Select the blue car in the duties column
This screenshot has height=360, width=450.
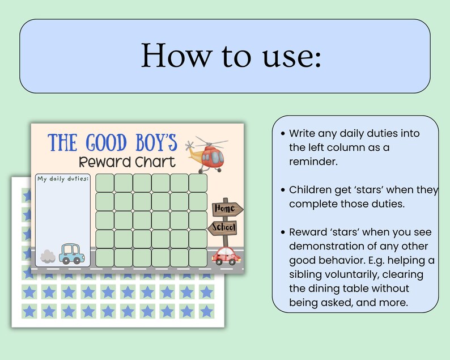(72, 253)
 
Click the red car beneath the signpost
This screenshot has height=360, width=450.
(226, 256)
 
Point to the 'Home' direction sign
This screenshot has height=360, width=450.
(225, 209)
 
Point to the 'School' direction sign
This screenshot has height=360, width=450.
(224, 228)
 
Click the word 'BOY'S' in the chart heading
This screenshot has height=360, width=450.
(152, 142)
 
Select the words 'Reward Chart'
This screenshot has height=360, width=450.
(126, 162)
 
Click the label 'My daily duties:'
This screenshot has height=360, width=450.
(63, 179)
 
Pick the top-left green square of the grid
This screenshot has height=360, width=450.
(105, 183)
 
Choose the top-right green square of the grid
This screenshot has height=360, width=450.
(198, 183)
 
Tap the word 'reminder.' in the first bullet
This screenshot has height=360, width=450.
(312, 162)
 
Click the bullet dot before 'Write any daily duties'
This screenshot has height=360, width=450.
(283, 134)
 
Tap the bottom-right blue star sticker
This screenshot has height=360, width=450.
(206, 311)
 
